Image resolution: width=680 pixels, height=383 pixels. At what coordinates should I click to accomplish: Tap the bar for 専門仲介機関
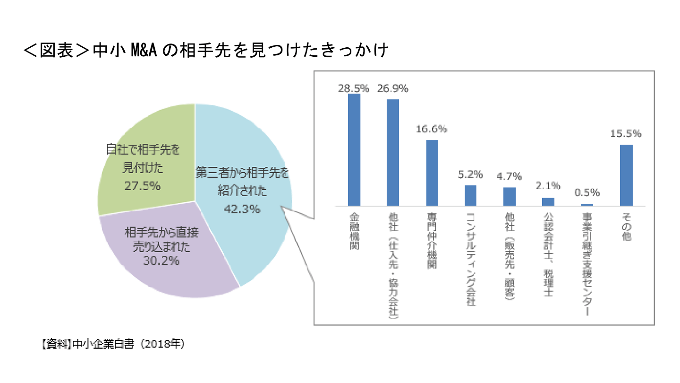(x=432, y=173)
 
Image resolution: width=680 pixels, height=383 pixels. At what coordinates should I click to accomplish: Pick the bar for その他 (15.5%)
(x=626, y=175)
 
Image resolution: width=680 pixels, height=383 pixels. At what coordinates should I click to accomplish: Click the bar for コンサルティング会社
(x=470, y=195)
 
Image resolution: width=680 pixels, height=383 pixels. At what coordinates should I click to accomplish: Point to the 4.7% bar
(x=509, y=196)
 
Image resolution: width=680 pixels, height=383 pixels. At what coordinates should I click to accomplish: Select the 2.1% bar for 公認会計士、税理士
(x=548, y=201)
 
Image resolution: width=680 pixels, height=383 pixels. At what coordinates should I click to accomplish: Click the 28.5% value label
(x=354, y=88)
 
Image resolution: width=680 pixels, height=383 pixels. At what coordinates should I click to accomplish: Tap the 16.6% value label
(x=432, y=129)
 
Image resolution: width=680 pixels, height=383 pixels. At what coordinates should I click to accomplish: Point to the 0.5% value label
(x=587, y=193)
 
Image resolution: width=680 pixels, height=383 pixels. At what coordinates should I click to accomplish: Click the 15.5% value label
(x=626, y=134)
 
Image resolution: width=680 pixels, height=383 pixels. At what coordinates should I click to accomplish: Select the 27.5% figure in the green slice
(x=143, y=186)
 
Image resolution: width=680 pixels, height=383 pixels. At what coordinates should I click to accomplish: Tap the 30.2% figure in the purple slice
(x=161, y=260)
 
